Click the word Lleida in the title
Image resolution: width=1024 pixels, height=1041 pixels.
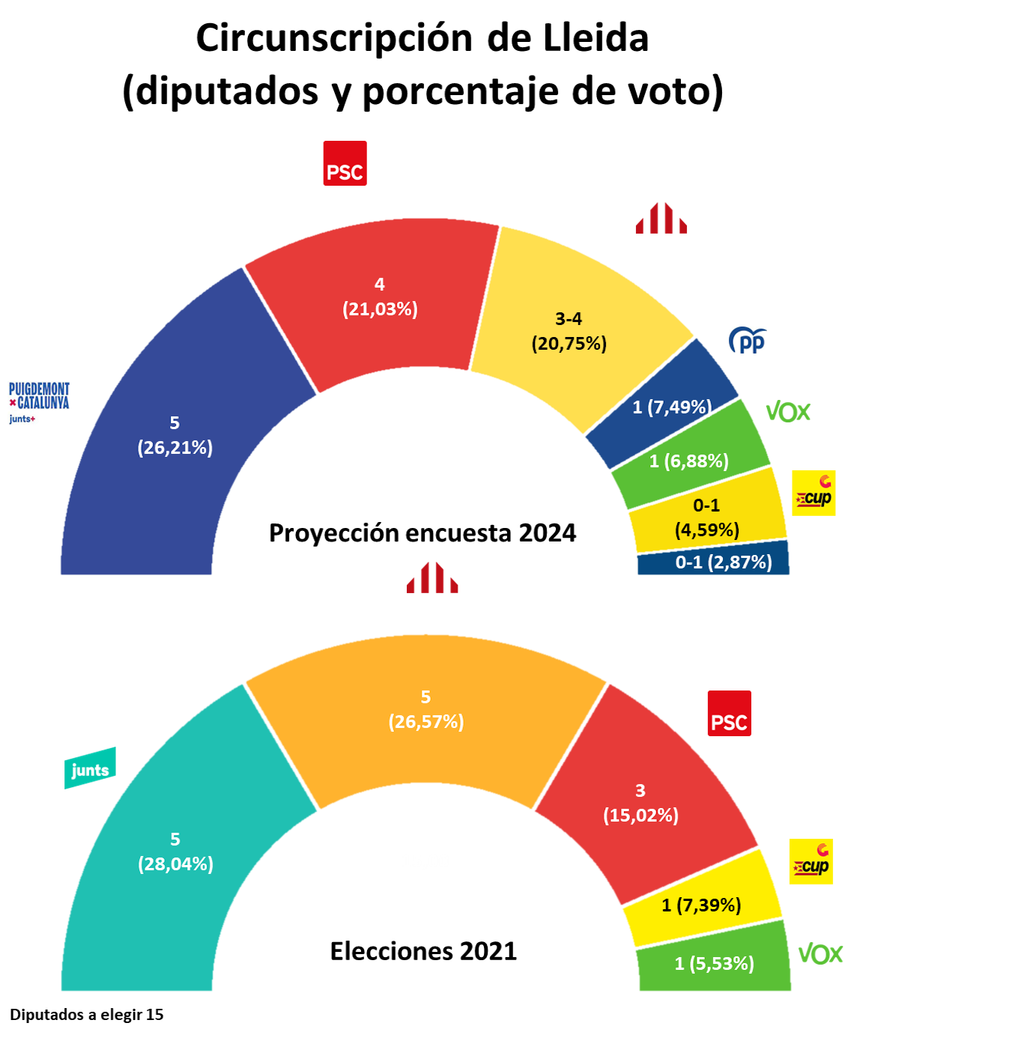[596, 37]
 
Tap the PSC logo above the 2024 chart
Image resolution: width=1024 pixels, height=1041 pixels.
[345, 163]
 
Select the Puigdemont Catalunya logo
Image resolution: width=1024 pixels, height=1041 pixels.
[39, 402]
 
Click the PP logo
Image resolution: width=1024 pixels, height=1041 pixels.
[748, 341]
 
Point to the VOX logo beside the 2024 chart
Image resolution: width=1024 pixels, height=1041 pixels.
[788, 412]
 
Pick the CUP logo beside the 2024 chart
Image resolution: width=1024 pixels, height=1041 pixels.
[814, 493]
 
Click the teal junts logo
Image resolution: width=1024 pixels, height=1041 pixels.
[90, 768]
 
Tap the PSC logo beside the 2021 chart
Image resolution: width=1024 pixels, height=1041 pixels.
[729, 713]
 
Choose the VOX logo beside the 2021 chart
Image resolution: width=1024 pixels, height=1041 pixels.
[820, 954]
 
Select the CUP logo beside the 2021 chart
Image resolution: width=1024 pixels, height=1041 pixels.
[811, 861]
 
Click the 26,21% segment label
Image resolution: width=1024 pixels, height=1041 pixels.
[175, 435]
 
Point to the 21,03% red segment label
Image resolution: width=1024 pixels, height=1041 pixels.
[380, 297]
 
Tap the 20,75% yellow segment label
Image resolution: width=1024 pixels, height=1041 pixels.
[569, 331]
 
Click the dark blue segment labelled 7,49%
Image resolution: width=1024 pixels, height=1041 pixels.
[671, 407]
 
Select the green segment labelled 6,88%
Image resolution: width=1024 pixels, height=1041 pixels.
[689, 461]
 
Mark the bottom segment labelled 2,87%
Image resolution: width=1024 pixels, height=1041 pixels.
[723, 562]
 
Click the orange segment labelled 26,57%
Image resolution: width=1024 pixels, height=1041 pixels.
[425, 709]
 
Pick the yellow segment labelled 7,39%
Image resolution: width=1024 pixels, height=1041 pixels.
[701, 905]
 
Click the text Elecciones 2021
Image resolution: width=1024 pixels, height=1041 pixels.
[423, 951]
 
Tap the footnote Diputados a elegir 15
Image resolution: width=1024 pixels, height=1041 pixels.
[86, 1015]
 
